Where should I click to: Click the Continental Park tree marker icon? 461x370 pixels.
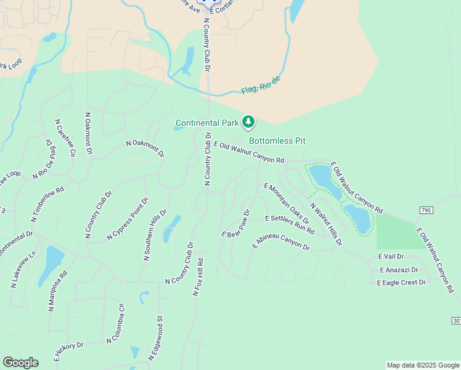248,122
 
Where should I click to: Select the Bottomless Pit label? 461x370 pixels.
277,141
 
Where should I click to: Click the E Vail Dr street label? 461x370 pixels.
391,257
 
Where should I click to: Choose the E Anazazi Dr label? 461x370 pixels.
399,269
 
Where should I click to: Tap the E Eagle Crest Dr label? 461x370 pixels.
401,282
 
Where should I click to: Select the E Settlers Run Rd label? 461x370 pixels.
290,225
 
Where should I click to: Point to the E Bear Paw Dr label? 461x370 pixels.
236,224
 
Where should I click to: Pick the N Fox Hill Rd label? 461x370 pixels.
198,277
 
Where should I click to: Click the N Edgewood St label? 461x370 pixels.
155,339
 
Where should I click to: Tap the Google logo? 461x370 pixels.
20,363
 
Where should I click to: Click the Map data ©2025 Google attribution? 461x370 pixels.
423,365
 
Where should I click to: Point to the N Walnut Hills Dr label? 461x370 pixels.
326,224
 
